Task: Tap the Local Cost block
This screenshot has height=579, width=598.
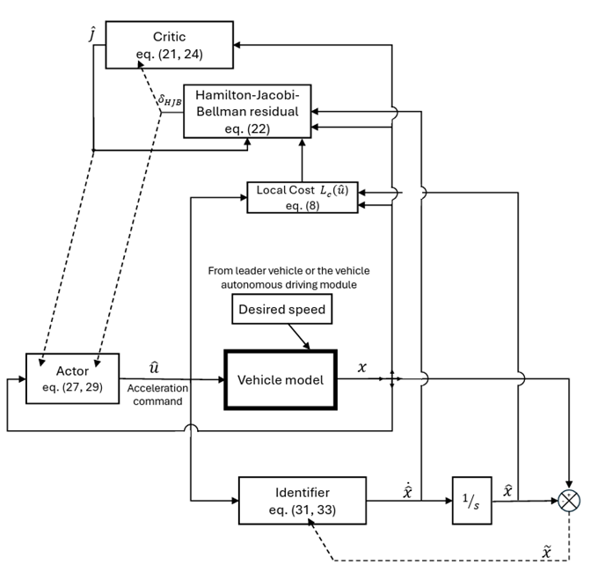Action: click(x=302, y=196)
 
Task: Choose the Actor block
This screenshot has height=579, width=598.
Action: click(x=73, y=378)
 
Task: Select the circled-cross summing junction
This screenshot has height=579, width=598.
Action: click(x=571, y=500)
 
